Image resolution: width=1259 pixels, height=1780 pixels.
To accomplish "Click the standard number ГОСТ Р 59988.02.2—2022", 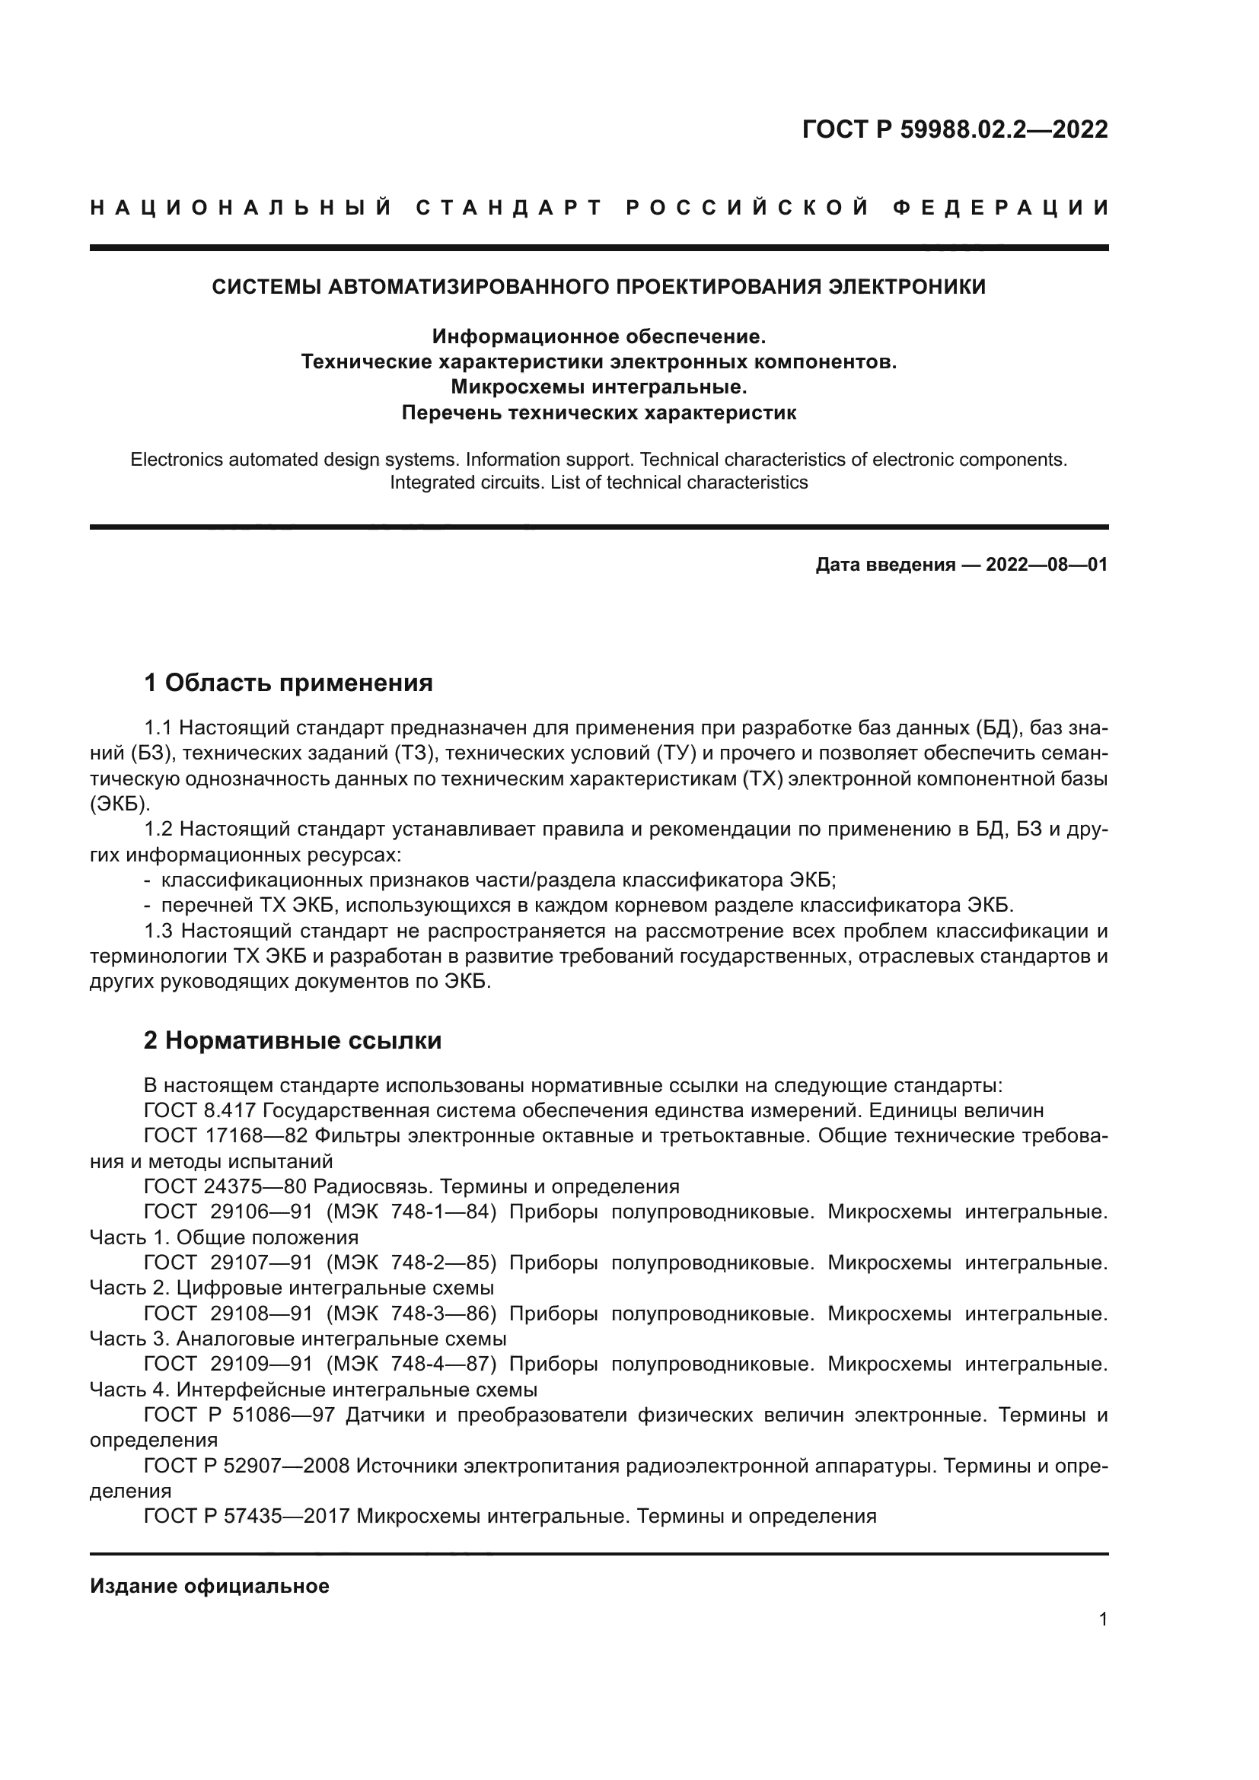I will pos(955,129).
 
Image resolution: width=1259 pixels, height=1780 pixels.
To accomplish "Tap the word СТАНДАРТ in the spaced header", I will pos(508,208).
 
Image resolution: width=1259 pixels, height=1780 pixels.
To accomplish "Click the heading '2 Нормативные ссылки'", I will pos(292,1040).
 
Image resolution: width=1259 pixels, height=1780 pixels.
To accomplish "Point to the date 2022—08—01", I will pos(1047,565).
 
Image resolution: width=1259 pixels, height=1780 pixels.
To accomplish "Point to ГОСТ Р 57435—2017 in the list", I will pos(247,1516).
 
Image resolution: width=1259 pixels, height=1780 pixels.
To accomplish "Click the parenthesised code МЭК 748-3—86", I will pos(411,1314).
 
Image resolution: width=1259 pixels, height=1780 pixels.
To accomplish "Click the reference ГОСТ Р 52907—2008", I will pos(247,1465).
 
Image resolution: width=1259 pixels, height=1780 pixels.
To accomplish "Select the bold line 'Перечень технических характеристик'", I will pos(598,412).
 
